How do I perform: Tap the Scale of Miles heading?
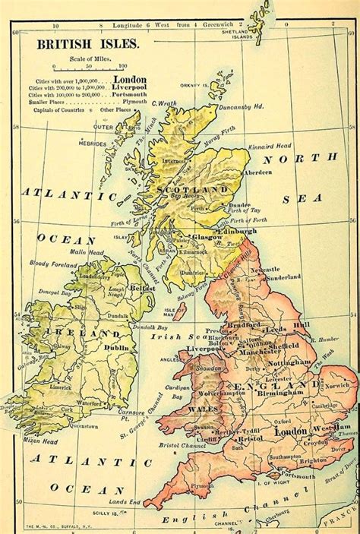(88, 58)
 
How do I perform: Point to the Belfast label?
(141, 289)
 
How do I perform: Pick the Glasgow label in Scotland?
(206, 237)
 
